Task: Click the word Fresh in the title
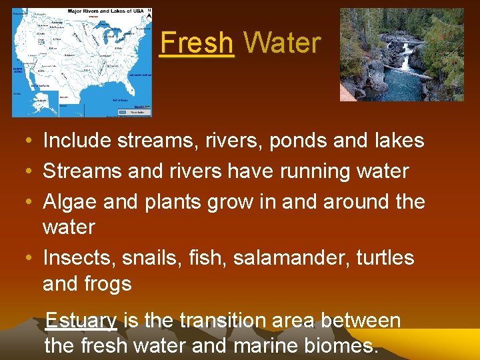(x=197, y=43)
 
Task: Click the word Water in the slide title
(x=282, y=43)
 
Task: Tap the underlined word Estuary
(x=81, y=321)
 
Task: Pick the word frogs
(x=107, y=284)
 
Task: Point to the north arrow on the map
(x=149, y=13)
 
